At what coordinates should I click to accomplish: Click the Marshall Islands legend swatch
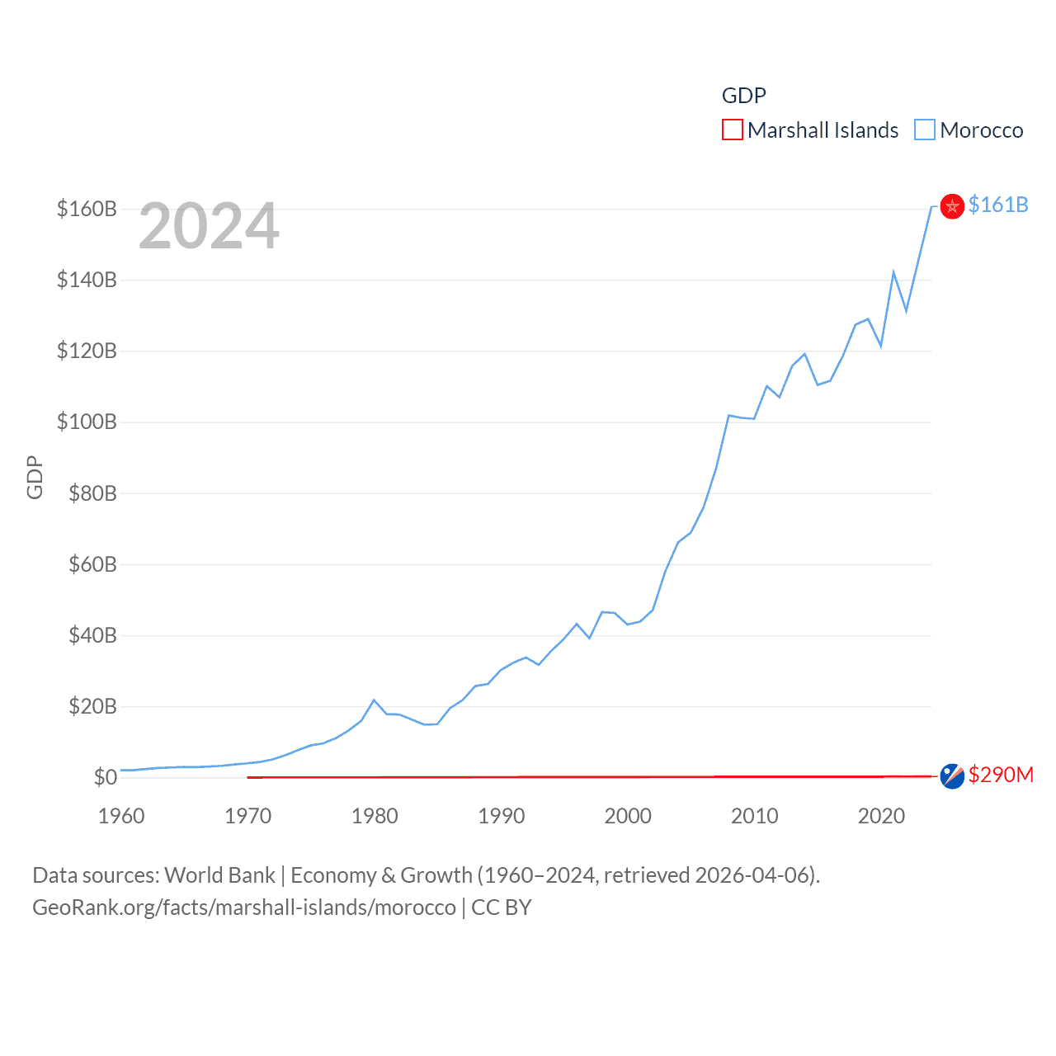(733, 130)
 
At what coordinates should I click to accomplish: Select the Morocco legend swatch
(925, 130)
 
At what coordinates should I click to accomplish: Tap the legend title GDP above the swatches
(743, 96)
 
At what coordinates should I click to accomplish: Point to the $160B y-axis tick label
(87, 209)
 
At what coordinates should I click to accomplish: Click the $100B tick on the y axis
(87, 422)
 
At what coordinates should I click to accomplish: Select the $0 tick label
(105, 777)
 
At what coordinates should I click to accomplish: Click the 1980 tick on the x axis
(375, 816)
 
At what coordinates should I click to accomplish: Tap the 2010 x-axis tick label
(754, 816)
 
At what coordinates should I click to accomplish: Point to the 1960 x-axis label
(121, 816)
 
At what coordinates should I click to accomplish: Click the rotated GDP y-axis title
(35, 477)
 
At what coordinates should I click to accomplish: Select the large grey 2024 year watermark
(209, 226)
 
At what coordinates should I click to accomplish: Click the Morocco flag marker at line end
(952, 206)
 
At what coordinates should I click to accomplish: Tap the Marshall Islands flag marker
(952, 776)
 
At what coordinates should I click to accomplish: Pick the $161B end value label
(998, 205)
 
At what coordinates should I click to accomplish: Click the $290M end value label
(1001, 775)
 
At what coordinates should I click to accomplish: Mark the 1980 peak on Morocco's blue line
(375, 700)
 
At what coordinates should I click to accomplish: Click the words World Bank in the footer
(219, 875)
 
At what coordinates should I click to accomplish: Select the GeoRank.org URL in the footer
(243, 907)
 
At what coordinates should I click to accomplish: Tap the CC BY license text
(502, 907)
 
